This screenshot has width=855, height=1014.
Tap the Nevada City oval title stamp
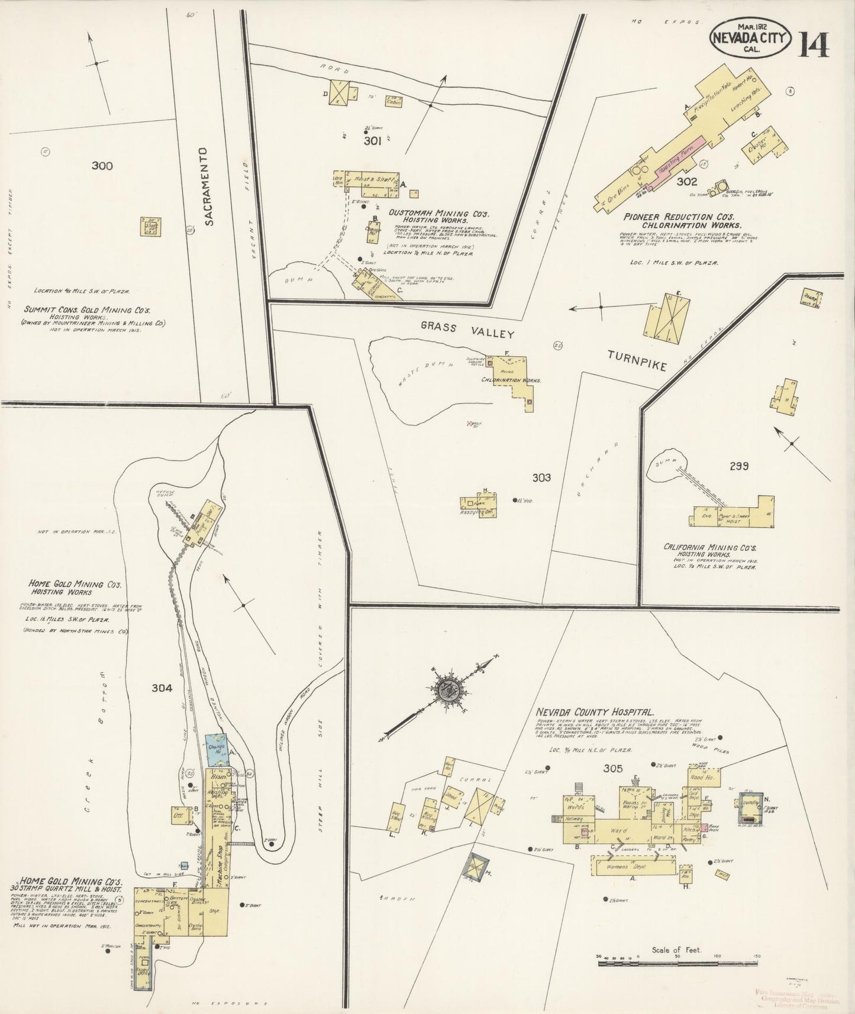pos(750,37)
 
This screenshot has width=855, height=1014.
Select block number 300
pos(102,166)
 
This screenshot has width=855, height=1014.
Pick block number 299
pos(739,466)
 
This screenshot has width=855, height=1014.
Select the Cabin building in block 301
pos(394,101)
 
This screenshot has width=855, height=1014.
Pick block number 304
pos(162,688)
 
